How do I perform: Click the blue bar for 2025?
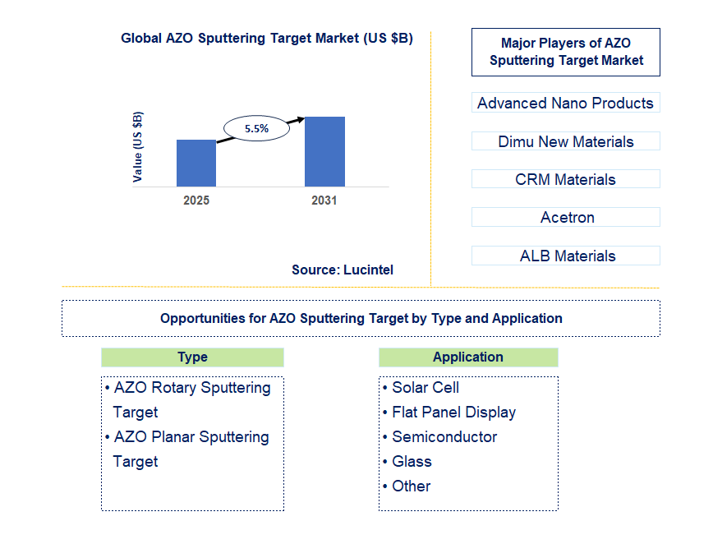pyautogui.click(x=196, y=163)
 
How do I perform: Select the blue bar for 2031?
pyautogui.click(x=324, y=151)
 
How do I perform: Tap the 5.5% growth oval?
pyautogui.click(x=257, y=128)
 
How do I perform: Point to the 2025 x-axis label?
pyautogui.click(x=196, y=201)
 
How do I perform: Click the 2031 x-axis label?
pyautogui.click(x=324, y=201)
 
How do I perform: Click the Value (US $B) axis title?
pyautogui.click(x=138, y=146)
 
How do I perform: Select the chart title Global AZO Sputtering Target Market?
pyautogui.click(x=266, y=38)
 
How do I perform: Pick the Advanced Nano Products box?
pyautogui.click(x=565, y=103)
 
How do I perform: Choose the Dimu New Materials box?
pyautogui.click(x=565, y=141)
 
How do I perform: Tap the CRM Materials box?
pyautogui.click(x=565, y=179)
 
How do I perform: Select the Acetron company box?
pyautogui.click(x=565, y=217)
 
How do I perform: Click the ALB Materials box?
pyautogui.click(x=565, y=256)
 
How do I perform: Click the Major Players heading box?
pyautogui.click(x=565, y=52)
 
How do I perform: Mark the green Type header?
pyautogui.click(x=192, y=357)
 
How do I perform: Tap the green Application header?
pyautogui.click(x=468, y=357)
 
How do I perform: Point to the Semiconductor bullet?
pyautogui.click(x=444, y=436)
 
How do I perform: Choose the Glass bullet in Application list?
pyautogui.click(x=412, y=461)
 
